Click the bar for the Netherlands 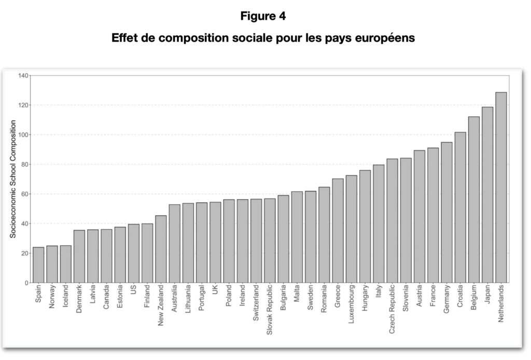coord(501,188)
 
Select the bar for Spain coord(38,265)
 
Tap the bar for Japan coord(487,195)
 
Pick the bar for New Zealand coord(161,249)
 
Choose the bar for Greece coord(338,231)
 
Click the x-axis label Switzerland coord(256,304)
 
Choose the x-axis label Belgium coord(474,298)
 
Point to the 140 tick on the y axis coord(23,76)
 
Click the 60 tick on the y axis coord(24,194)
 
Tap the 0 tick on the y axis coord(26,283)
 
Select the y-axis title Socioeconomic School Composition coord(13,179)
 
